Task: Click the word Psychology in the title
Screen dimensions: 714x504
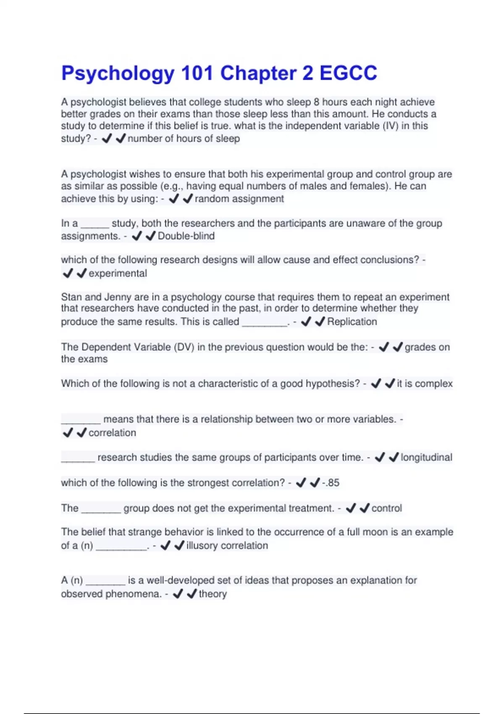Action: [x=118, y=73]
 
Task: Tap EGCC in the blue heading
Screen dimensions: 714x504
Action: [x=348, y=73]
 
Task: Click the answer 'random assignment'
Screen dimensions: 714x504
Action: [x=239, y=199]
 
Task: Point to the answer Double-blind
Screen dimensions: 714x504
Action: [x=186, y=236]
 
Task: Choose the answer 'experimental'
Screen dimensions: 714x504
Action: [x=118, y=273]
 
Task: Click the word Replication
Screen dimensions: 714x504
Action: [x=352, y=322]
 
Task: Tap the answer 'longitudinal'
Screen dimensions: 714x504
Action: [x=426, y=457]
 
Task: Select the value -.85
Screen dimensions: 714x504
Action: [x=331, y=483]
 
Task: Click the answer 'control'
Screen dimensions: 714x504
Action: [x=386, y=508]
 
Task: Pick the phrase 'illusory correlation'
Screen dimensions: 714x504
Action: [x=227, y=546]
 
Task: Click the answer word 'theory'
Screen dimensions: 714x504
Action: [x=213, y=594]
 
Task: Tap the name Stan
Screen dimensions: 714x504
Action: [x=71, y=297]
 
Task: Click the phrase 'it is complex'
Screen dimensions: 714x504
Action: [x=425, y=383]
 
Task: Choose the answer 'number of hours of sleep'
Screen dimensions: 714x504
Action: [x=184, y=139]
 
